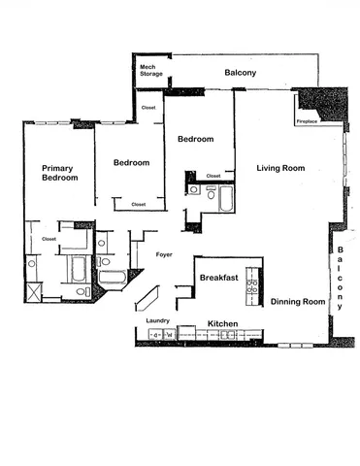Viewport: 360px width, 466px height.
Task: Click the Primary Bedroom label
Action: [x=60, y=173]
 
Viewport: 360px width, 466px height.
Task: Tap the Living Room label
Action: [x=280, y=168]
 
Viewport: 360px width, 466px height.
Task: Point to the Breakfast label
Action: [x=219, y=278]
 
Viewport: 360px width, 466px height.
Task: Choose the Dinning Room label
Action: [x=297, y=302]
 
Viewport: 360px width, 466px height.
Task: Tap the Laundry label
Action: [x=157, y=320]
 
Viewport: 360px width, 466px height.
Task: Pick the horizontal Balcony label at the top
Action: [x=240, y=73]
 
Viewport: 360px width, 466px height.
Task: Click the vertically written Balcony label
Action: [x=342, y=279]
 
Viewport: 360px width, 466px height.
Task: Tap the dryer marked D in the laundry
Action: [x=154, y=335]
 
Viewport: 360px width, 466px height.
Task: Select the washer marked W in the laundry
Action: [x=169, y=335]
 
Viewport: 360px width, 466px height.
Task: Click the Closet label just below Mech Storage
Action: [x=148, y=108]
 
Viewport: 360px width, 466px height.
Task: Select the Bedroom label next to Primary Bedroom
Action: [x=131, y=163]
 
